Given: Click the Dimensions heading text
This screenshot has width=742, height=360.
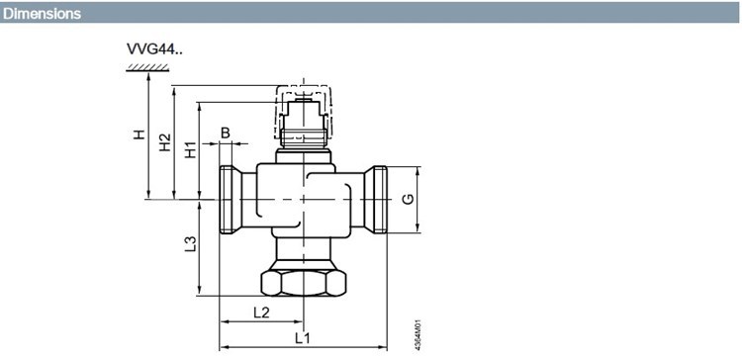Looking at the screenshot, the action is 42,14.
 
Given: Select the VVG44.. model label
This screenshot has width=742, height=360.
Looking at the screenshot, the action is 154,49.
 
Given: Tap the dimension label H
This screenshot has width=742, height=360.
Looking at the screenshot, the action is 139,135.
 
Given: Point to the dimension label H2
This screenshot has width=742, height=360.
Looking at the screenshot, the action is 164,142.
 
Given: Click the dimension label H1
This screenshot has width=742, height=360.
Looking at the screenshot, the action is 190,150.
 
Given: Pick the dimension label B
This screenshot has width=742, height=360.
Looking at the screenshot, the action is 226,133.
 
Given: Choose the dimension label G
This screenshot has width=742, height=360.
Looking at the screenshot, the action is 408,199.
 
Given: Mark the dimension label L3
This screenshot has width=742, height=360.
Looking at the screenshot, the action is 190,243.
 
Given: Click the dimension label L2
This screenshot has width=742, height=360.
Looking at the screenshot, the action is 261,313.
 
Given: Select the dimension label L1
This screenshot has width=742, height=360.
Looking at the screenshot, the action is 303,338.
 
